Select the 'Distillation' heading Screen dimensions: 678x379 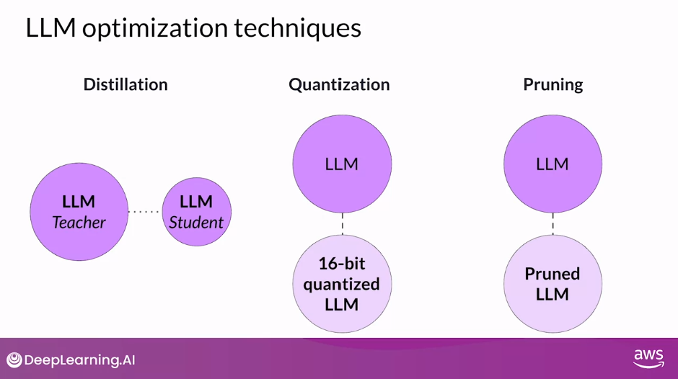point(126,84)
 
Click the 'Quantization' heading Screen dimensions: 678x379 point(339,84)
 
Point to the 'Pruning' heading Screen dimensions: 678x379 point(552,84)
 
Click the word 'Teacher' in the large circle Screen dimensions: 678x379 point(79,223)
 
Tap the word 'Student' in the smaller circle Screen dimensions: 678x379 point(196,223)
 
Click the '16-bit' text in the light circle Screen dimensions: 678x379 point(342,263)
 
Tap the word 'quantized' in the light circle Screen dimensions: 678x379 point(342,284)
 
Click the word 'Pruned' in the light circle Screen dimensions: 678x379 point(552,274)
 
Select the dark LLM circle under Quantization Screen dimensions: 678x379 point(342,164)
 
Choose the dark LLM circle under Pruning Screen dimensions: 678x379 point(552,164)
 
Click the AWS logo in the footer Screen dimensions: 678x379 point(648,359)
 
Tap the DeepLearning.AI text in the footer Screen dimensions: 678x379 point(80,360)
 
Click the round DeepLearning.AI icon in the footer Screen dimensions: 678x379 point(14,360)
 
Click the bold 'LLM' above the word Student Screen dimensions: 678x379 point(196,202)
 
